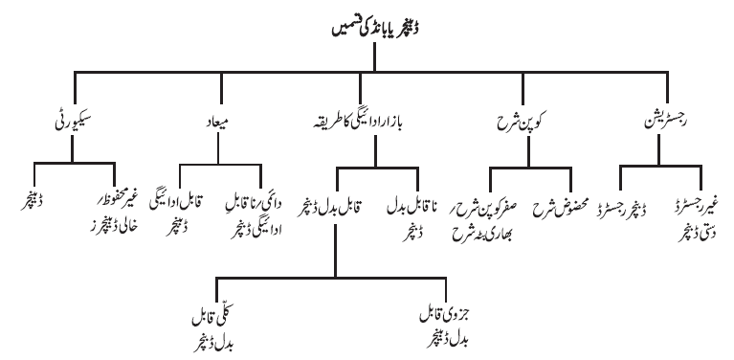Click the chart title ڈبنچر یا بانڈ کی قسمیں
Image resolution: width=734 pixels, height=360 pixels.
[375, 29]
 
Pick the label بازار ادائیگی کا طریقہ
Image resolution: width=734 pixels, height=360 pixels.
[359, 124]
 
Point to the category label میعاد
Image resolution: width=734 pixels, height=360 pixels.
[217, 124]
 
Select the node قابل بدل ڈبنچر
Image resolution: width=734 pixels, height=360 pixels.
[330, 209]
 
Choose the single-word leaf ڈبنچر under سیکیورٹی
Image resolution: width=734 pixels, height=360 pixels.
[34, 205]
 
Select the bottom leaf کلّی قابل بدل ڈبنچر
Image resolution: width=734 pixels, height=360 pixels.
[215, 329]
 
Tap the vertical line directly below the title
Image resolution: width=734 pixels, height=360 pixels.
[374, 57]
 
